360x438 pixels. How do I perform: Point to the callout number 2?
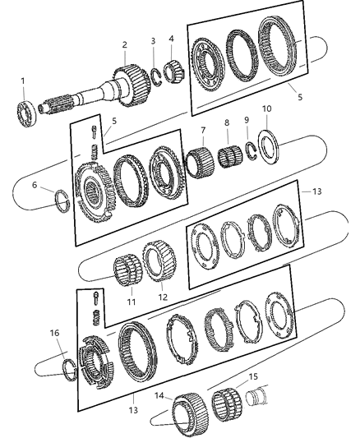coord(124,44)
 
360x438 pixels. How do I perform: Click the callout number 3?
coord(153,41)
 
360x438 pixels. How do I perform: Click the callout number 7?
coord(202,130)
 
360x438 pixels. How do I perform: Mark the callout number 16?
coord(55,334)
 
